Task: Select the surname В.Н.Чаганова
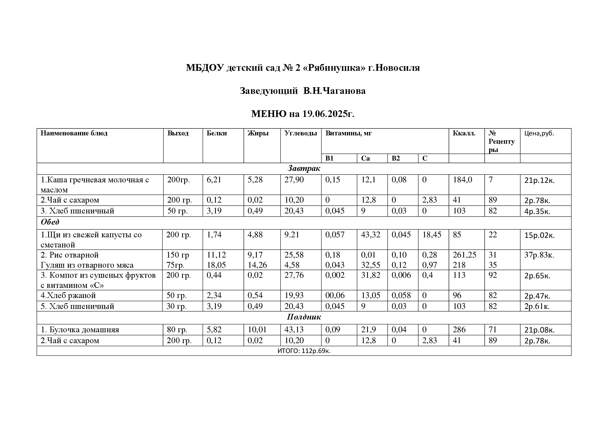coord(334,91)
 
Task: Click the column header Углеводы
coord(300,133)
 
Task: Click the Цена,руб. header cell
coord(539,133)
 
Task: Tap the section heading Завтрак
coord(304,168)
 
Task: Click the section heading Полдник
coord(304,317)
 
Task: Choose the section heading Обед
coord(50,222)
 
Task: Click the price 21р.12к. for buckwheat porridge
coord(539,181)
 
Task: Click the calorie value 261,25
coord(464,255)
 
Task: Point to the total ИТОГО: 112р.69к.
coord(304,351)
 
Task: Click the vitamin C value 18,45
coord(432,234)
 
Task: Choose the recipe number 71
coord(493,330)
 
